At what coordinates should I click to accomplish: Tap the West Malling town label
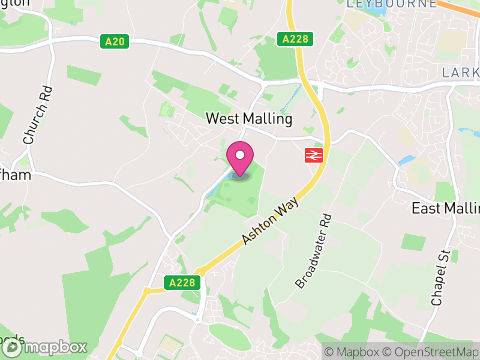point(249,119)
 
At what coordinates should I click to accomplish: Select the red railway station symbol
point(314,155)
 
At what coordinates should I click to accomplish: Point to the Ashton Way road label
point(270,222)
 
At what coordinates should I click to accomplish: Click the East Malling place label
point(445,208)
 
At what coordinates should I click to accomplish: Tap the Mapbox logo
point(45,347)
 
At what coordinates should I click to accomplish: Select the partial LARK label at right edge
point(460,73)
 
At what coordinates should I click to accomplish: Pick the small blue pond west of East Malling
point(406,160)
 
